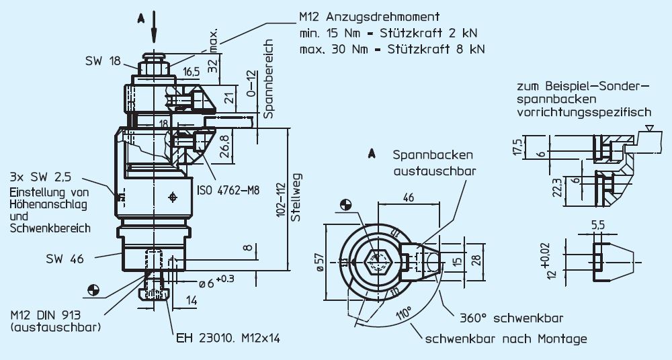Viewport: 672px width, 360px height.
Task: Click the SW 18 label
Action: click(x=102, y=61)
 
